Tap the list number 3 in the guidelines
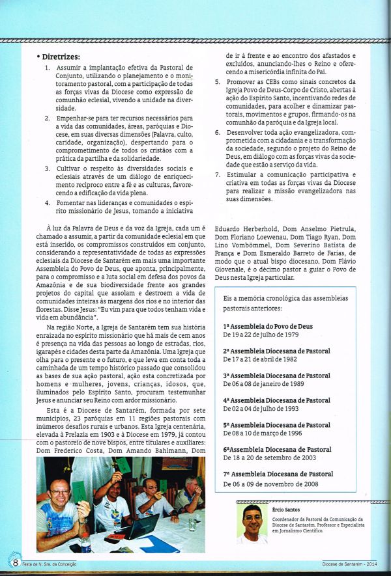click(x=48, y=168)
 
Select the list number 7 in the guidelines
click(x=218, y=174)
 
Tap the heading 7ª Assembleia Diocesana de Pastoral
click(x=278, y=474)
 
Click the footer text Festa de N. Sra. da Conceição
click(x=55, y=564)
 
